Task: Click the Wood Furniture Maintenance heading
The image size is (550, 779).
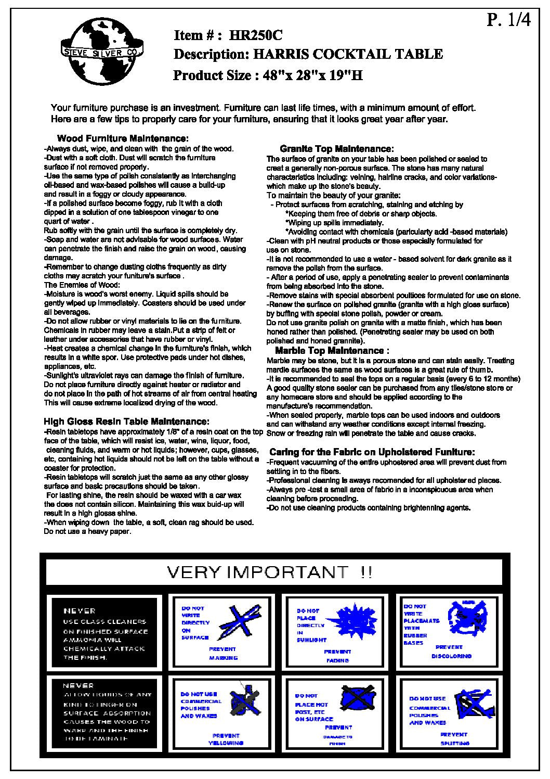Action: [122, 139]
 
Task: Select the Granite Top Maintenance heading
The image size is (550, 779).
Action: [336, 149]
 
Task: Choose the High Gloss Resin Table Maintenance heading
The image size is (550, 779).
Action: [126, 421]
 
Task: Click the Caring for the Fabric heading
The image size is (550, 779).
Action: [372, 452]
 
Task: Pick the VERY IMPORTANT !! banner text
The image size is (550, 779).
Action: [269, 572]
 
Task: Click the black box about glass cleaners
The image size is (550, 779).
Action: [106, 633]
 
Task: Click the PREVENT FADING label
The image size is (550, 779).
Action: [337, 656]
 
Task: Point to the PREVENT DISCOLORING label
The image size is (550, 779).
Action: [451, 652]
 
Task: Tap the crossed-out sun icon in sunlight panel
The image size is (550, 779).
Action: [355, 619]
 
